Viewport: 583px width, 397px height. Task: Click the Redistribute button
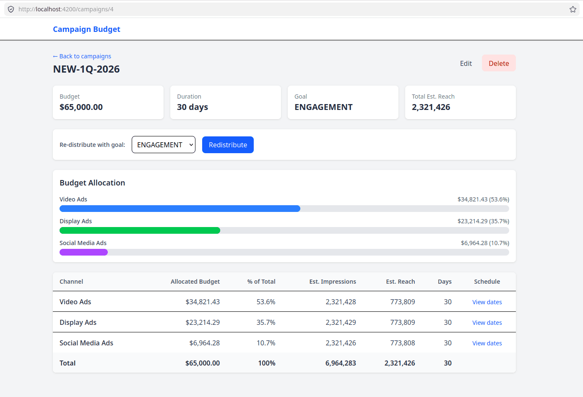click(228, 145)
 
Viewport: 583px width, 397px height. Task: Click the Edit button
click(466, 63)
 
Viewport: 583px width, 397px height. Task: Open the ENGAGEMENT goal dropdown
click(164, 145)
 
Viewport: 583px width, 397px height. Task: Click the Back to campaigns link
click(82, 56)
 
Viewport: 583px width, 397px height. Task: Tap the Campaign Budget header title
click(86, 29)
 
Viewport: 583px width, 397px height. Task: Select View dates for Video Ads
click(487, 302)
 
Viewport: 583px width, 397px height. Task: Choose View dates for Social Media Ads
click(487, 343)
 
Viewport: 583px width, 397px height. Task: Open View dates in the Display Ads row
click(487, 323)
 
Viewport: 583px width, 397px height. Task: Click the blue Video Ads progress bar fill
click(180, 209)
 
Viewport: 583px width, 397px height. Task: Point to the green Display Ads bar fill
click(140, 230)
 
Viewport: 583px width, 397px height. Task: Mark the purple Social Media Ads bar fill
click(83, 252)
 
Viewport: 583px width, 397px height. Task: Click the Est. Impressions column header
click(333, 282)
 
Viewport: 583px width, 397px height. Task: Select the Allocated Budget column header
click(195, 282)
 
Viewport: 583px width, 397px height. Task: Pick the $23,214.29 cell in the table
click(203, 323)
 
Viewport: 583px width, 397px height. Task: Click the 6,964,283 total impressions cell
click(341, 363)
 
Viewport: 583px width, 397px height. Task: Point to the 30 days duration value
click(193, 107)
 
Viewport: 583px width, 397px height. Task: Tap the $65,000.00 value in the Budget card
click(81, 107)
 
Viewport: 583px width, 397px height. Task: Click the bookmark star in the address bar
click(573, 9)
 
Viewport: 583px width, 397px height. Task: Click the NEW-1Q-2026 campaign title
click(86, 69)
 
